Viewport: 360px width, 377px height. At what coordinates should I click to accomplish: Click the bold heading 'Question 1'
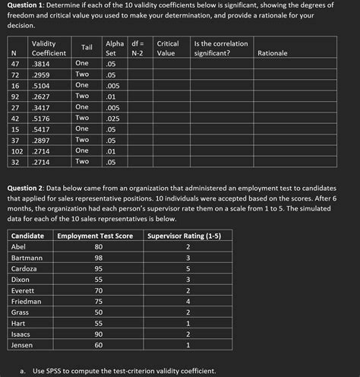point(26,5)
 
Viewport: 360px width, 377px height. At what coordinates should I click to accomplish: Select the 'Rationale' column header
point(273,53)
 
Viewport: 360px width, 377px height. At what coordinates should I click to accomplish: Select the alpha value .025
point(112,119)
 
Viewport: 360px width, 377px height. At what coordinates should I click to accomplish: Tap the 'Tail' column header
point(87,48)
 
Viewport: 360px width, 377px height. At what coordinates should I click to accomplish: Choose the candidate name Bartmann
point(27,258)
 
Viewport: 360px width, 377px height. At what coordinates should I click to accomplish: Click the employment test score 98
point(98,258)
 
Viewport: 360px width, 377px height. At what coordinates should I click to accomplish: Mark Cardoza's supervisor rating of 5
point(187,268)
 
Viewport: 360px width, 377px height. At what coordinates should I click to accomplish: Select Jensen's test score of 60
point(98,345)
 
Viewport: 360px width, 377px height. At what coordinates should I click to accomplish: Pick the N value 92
point(14,97)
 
